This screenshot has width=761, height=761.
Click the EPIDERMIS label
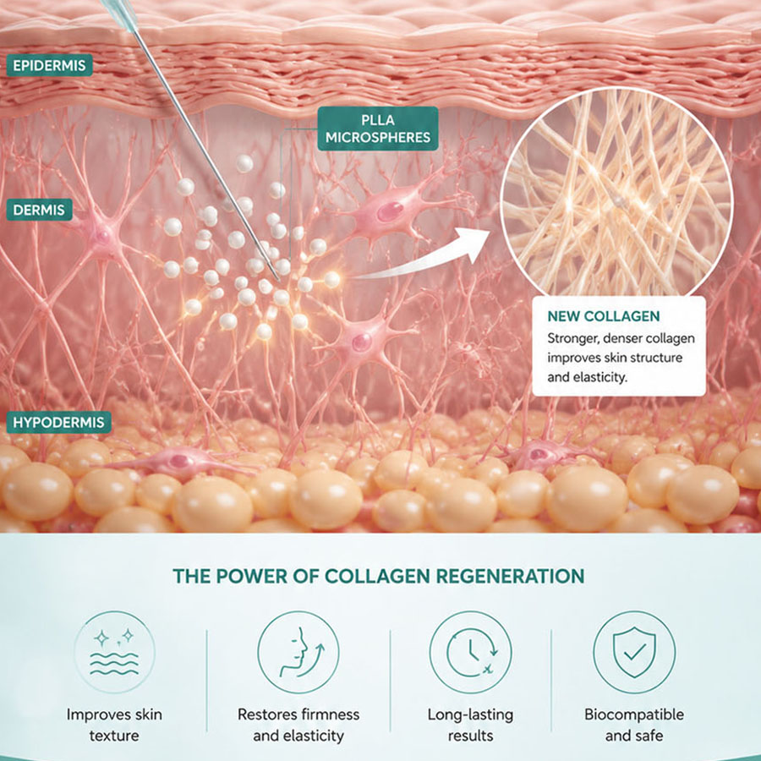50,65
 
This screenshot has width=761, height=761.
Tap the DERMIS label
39,210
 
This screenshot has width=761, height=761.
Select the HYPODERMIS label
58,422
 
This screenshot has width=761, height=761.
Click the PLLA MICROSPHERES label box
378,129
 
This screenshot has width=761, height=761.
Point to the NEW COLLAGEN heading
603,316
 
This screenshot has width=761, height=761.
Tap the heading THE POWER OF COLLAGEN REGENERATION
379,576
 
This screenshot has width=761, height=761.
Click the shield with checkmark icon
634,652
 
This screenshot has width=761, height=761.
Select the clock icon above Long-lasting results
471,652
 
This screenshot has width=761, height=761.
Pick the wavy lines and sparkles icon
114,652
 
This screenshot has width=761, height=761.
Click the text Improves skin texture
114,725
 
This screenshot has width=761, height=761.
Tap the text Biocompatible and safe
634,725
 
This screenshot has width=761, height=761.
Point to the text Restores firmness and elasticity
298,725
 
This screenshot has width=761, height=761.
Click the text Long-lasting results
470,725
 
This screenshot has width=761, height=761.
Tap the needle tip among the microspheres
278,280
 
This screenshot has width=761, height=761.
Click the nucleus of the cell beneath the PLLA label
390,212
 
